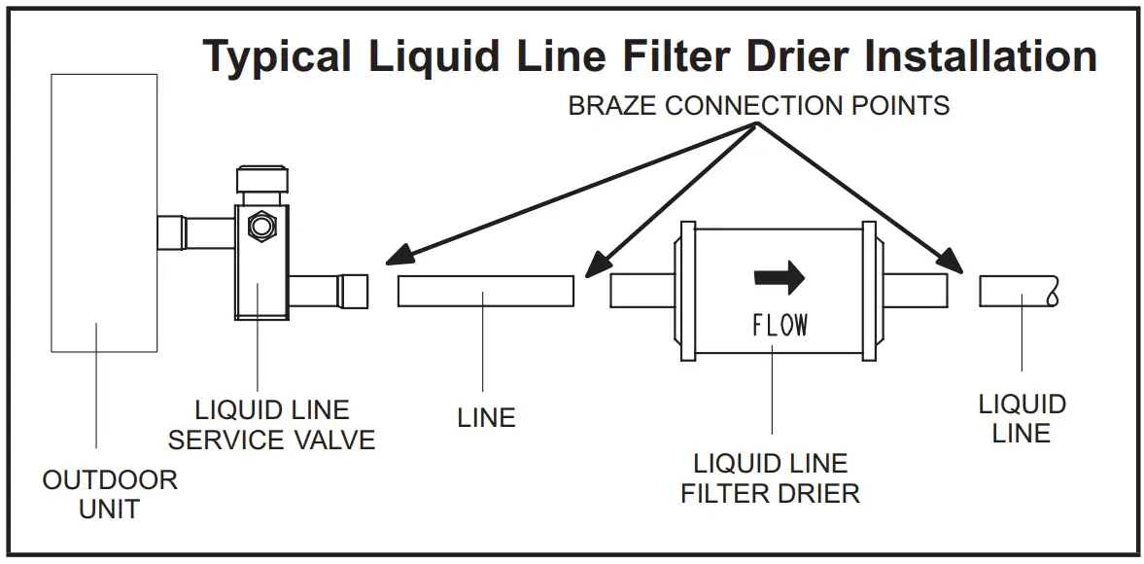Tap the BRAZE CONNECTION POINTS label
coord(758,105)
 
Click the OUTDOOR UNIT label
coord(110,493)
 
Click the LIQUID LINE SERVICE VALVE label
coord(271,424)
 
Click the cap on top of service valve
coord(260,180)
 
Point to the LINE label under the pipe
coord(486,418)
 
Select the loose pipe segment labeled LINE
coord(485,291)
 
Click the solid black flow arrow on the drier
coord(780,277)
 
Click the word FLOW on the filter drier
coord(780,325)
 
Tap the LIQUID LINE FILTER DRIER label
coord(770,477)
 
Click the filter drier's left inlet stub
coord(641,291)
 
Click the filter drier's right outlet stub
coord(914,290)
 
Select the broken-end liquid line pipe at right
coord(1017,291)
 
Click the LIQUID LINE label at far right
coord(1022,418)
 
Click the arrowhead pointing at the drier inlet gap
coord(596,264)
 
